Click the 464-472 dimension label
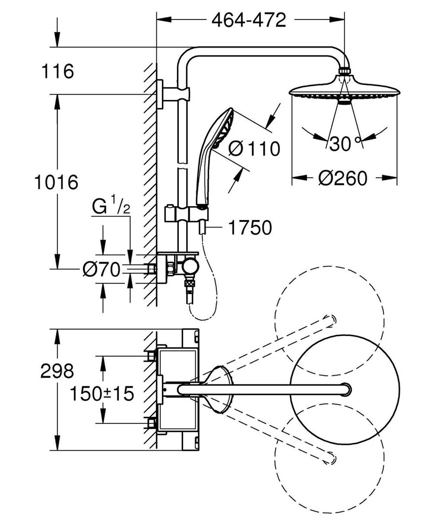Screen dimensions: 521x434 pos(249,20)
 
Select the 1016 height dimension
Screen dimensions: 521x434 pos(56,181)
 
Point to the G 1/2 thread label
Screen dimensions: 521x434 pos(111,208)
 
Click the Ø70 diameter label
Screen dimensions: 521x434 pos(101,270)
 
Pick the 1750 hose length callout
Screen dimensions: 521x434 pos(250,227)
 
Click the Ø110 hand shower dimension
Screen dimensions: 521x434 pos(254,149)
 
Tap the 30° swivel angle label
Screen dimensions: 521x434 pos(345,144)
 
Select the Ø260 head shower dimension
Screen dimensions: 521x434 pos(342,178)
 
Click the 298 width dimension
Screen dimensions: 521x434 pos(57,371)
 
